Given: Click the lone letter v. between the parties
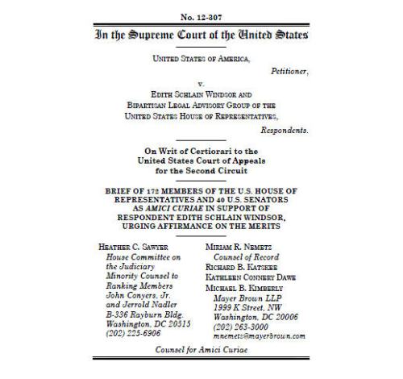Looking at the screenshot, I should pos(201,82).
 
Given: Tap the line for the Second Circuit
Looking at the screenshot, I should pos(201,171).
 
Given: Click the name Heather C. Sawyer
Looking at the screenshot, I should pos(133,245).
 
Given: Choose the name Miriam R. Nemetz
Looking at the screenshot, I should pos(247,245).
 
